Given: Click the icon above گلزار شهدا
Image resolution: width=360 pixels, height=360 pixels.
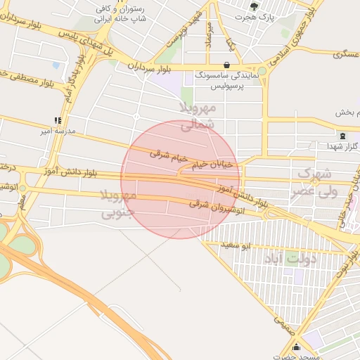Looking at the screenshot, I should coord(342,136).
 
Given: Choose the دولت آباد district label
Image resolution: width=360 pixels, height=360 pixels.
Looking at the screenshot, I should coord(290,259).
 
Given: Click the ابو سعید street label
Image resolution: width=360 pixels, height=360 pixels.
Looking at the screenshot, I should coord(256,246).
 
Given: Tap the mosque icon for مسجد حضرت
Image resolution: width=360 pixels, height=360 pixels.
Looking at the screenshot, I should coord(296,347).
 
